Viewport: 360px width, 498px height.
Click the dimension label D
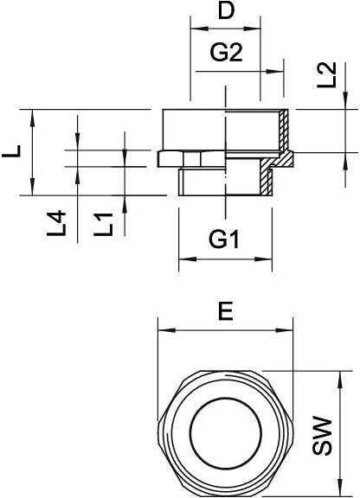click(226, 11)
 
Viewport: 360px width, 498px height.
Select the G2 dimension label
click(226, 53)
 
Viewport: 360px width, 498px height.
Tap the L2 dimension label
click(327, 75)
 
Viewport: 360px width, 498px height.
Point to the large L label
click(12, 151)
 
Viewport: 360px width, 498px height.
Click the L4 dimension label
click(56, 223)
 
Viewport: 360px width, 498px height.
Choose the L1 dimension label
click(103, 224)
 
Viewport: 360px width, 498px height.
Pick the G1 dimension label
click(223, 239)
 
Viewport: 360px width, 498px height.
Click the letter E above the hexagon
click(226, 311)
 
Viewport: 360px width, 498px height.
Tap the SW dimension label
click(322, 436)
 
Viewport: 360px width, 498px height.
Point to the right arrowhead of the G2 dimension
click(275, 72)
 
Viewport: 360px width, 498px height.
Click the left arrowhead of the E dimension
click(167, 330)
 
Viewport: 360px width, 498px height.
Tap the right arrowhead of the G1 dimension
click(264, 259)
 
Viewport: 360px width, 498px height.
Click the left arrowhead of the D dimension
click(198, 29)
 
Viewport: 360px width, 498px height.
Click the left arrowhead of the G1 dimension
click(187, 259)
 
